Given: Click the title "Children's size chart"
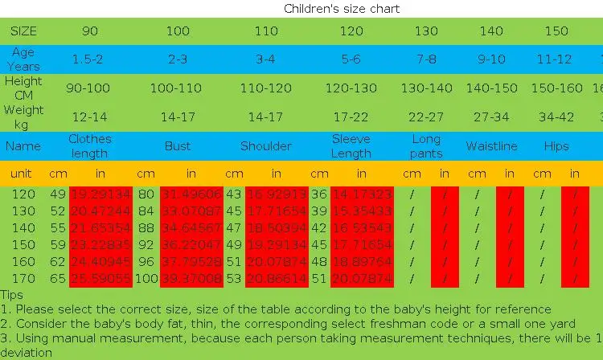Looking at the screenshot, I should coord(342,9).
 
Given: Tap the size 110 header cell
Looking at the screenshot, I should coord(265,31).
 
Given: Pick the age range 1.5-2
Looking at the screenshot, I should coord(90,59).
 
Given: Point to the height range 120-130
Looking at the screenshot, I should coord(351,88).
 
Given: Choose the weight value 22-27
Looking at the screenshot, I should coord(426,117).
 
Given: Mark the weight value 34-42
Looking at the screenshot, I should coord(556,117).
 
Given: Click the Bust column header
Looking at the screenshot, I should coord(178,146).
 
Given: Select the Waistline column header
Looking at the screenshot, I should coord(492,146).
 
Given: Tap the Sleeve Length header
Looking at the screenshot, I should coord(351,145).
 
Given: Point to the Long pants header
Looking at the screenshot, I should coord(426,145).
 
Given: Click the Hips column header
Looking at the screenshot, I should coord(556,146).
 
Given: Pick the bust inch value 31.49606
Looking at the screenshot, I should coord(191,194).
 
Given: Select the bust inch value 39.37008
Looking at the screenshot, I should coord(191,279).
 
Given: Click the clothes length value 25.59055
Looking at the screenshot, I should coord(100,279).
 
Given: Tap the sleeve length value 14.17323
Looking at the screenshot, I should coord(362,194).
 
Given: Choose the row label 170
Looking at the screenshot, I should coord(23,279).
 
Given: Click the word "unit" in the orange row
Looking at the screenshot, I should coord(21,174).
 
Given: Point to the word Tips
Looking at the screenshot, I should coord(12,295).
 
